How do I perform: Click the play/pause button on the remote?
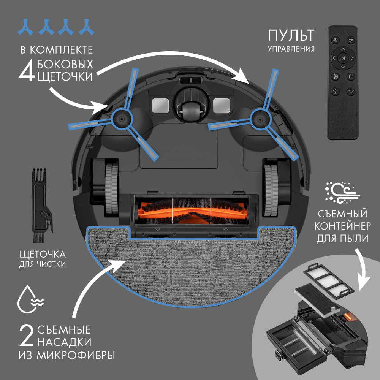[x=343, y=58]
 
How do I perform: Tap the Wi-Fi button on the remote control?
[x=351, y=92]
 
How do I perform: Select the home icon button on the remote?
[x=336, y=92]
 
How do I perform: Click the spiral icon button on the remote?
[x=336, y=77]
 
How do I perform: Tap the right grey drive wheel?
[x=271, y=190]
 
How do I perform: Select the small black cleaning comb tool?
[x=41, y=206]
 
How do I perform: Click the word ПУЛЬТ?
[x=291, y=35]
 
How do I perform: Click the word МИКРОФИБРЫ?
[x=76, y=356]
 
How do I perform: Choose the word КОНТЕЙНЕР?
[x=342, y=226]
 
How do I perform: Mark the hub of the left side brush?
[x=121, y=119]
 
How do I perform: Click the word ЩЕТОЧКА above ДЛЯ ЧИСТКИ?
[x=43, y=255]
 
